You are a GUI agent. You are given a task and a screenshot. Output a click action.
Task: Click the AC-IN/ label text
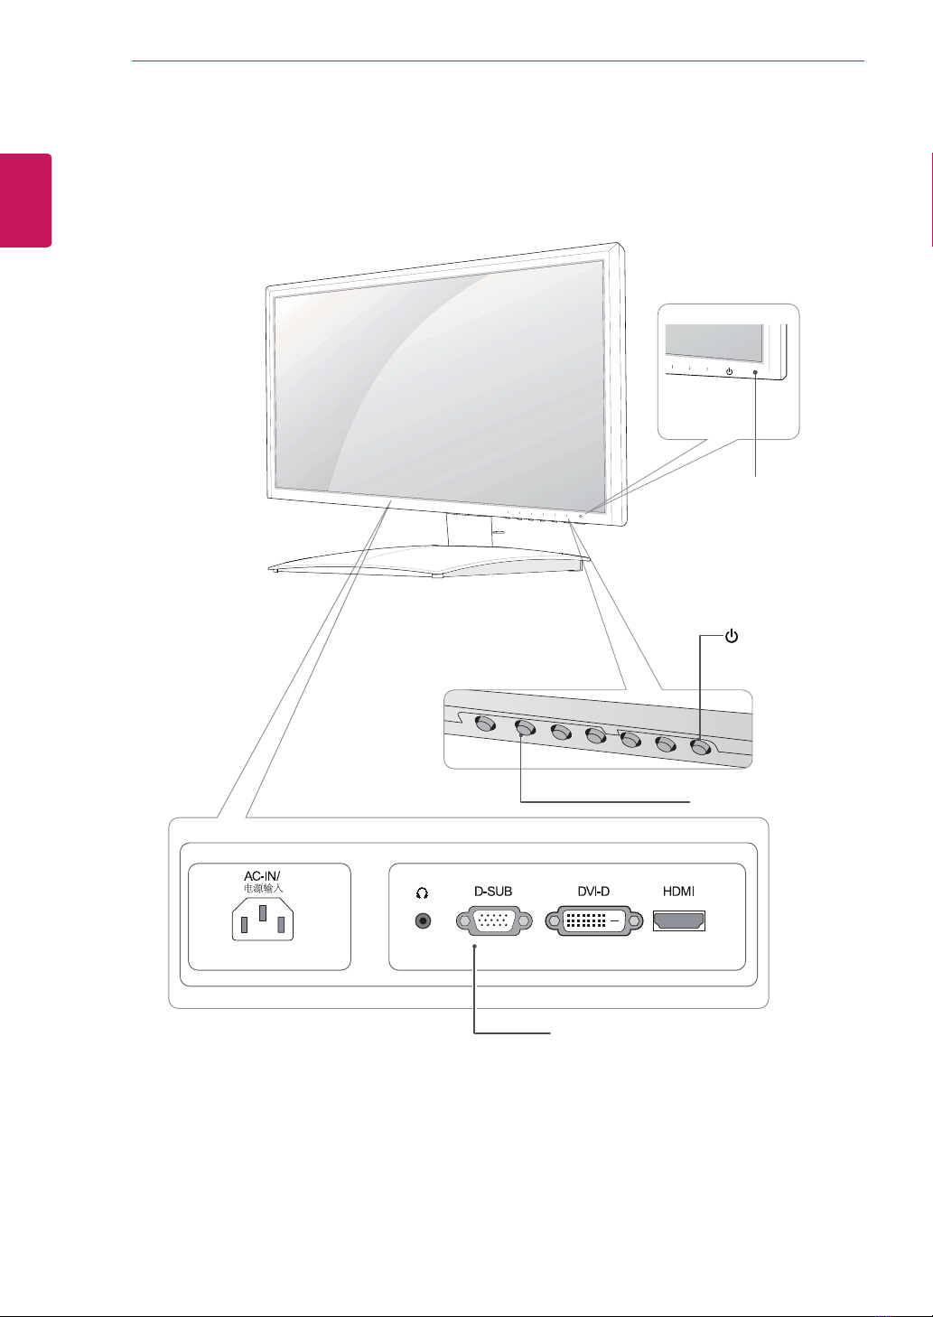[x=263, y=876]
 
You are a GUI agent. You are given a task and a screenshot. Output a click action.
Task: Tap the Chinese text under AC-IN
[x=264, y=889]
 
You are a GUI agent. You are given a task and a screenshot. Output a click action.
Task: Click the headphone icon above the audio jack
[x=422, y=892]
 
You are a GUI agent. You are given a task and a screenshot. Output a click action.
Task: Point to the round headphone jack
[x=422, y=921]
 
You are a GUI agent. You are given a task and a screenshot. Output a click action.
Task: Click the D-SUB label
[x=493, y=892]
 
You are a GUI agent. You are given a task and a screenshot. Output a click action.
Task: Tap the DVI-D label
[x=593, y=892]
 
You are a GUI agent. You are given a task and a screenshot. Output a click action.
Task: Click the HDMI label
[x=678, y=892]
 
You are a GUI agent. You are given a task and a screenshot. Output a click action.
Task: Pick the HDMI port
[x=678, y=921]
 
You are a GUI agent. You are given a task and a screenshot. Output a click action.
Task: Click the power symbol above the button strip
[x=732, y=637]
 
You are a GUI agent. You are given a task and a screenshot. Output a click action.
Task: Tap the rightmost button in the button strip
[x=701, y=747]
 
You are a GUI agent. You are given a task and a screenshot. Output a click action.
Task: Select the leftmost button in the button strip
[x=485, y=724]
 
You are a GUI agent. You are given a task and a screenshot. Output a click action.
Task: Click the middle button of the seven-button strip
[x=594, y=735]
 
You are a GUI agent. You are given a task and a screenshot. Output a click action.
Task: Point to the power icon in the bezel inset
[x=729, y=370]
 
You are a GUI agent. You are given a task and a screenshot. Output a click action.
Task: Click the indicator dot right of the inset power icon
[x=754, y=370]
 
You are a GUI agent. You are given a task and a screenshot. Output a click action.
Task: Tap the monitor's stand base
[x=430, y=566]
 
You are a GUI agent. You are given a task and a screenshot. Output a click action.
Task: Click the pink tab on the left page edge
[x=25, y=200]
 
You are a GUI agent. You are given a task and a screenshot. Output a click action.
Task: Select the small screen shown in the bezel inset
[x=714, y=341]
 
